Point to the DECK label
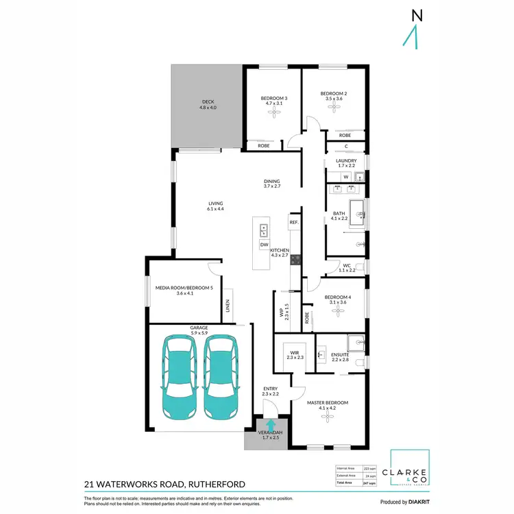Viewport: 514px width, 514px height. (207, 104)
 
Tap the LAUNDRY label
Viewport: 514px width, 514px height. (346, 162)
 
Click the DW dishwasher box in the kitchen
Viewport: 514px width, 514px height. (264, 245)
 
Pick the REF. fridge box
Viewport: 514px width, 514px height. (293, 223)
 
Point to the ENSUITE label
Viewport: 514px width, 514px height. (340, 356)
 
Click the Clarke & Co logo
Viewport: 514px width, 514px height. (409, 468)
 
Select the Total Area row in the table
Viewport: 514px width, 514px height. (356, 483)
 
